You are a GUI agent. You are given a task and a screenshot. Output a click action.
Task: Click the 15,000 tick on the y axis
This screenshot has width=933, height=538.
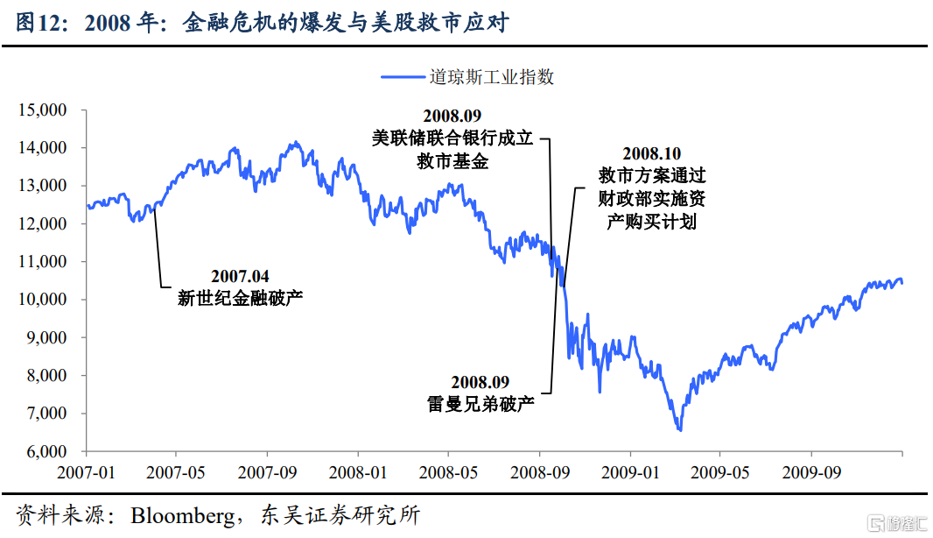click(x=42, y=110)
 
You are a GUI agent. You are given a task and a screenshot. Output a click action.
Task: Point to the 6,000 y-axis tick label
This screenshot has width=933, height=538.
click(x=46, y=451)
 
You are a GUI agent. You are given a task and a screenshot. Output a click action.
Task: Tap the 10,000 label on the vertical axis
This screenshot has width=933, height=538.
click(x=42, y=300)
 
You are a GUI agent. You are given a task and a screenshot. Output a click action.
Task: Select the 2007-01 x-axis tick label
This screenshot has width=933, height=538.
click(x=87, y=472)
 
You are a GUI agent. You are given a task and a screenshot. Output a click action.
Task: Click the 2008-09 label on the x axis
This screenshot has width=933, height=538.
click(x=540, y=472)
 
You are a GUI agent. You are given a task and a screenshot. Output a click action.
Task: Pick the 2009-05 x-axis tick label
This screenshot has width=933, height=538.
click(x=720, y=472)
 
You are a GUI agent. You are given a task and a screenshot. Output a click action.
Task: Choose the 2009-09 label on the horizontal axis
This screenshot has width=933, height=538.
click(x=811, y=472)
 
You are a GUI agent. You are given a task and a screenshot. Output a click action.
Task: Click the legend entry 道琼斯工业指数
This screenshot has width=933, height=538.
click(x=492, y=77)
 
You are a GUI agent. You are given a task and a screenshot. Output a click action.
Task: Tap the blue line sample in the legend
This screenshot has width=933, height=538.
click(x=403, y=77)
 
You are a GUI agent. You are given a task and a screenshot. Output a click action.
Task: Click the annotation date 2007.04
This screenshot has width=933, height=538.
click(x=240, y=276)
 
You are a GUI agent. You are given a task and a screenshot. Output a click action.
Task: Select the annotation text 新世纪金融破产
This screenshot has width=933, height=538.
click(x=240, y=298)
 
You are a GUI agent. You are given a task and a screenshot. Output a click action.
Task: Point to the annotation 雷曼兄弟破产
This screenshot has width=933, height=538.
click(x=481, y=404)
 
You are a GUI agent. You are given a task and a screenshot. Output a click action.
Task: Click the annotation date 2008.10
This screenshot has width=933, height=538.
click(x=651, y=153)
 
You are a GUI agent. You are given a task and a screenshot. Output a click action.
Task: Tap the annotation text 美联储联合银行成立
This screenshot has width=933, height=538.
click(x=452, y=138)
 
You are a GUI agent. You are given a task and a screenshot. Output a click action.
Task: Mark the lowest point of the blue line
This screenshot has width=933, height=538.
click(x=679, y=429)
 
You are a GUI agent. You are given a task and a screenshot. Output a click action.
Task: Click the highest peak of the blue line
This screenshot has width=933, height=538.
click(x=295, y=143)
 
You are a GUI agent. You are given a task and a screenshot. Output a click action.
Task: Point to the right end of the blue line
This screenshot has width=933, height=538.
click(x=902, y=282)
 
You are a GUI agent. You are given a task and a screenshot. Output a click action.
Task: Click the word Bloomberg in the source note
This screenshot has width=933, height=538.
click(x=183, y=515)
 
